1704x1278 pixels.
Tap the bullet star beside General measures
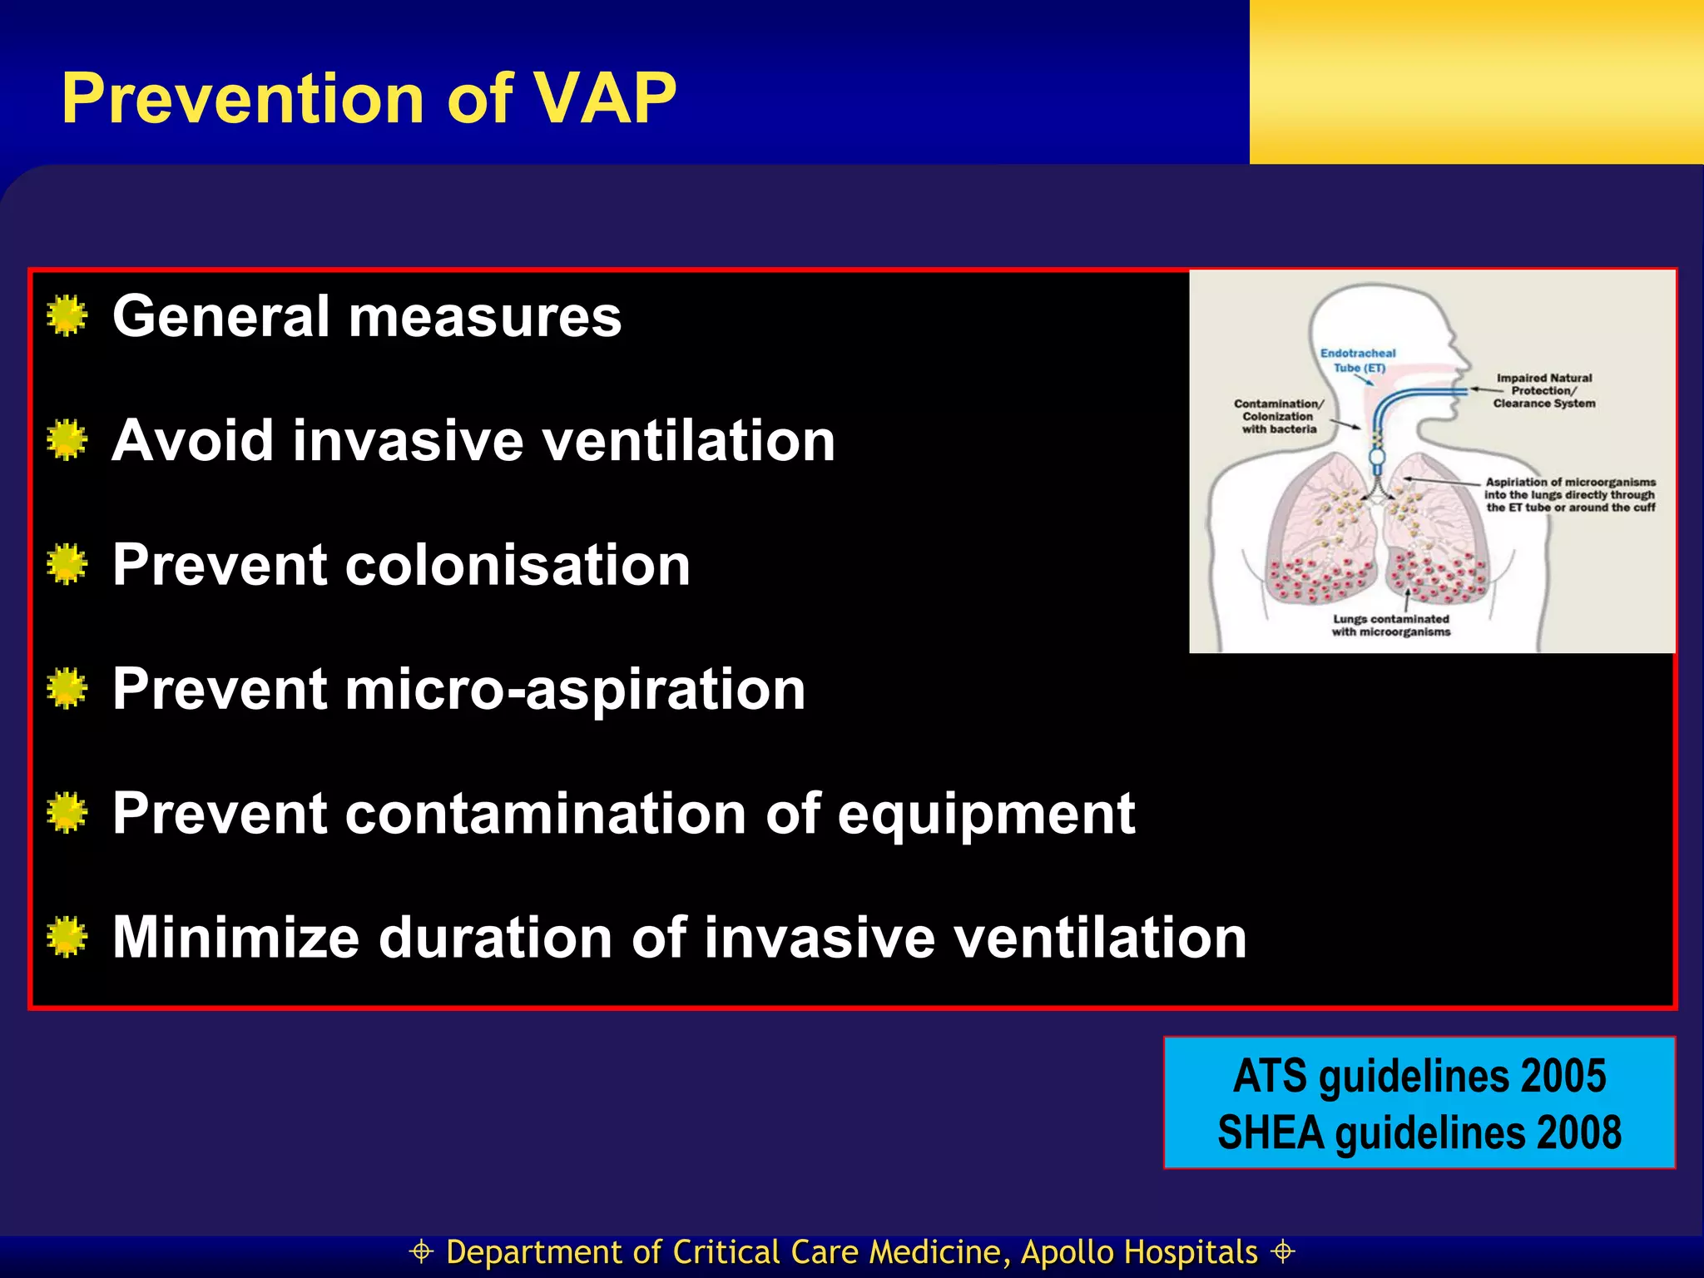pyautogui.click(x=67, y=316)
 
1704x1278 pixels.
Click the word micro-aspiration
pyautogui.click(x=575, y=690)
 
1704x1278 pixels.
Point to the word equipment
pyautogui.click(x=986, y=814)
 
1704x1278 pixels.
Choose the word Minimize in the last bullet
pyautogui.click(x=235, y=938)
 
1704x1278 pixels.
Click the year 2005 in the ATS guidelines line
pyautogui.click(x=1563, y=1076)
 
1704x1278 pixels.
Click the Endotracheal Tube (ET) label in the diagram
pyautogui.click(x=1358, y=360)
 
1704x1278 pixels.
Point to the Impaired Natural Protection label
pyautogui.click(x=1544, y=390)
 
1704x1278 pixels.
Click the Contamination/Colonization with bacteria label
pyautogui.click(x=1279, y=416)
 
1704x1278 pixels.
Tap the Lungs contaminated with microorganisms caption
pyautogui.click(x=1391, y=626)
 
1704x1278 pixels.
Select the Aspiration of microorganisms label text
pyautogui.click(x=1570, y=494)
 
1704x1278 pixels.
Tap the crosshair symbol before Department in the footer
pyautogui.click(x=422, y=1252)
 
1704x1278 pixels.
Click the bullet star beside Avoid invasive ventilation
pyautogui.click(x=67, y=440)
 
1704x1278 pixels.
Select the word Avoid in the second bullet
pyautogui.click(x=192, y=440)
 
